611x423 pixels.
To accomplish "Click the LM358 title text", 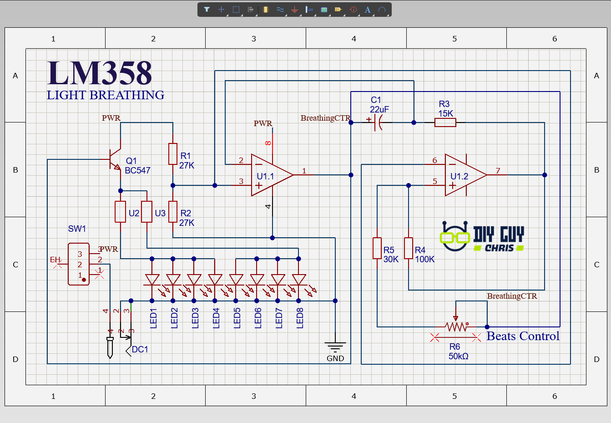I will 99,74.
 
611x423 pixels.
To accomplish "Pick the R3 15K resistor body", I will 445,122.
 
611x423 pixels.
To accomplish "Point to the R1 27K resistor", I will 173,154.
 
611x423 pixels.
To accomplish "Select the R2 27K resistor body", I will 173,212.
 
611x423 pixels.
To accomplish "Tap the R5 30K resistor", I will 377,248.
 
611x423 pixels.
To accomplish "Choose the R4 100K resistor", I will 409,248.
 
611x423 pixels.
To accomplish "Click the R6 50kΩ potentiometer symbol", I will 456,326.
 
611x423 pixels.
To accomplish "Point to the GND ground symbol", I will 335,348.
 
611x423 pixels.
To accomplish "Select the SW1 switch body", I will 78,264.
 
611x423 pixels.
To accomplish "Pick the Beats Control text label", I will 523,336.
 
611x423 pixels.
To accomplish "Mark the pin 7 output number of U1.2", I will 498,171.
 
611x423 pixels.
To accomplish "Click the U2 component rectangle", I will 120,212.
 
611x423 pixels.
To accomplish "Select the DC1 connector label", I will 140,349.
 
